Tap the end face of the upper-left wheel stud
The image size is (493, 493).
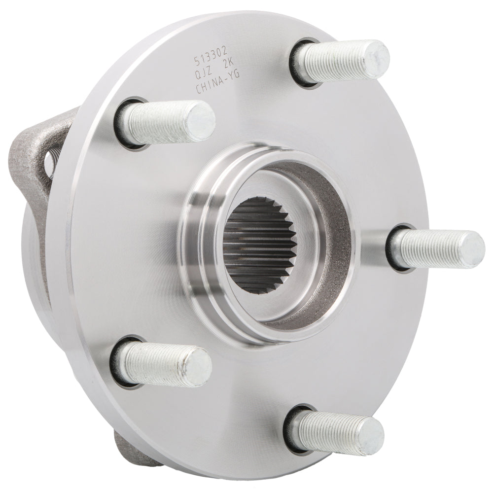coord(202,121)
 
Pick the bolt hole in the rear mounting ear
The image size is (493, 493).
coord(50,161)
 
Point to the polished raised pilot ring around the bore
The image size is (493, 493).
coord(197,246)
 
